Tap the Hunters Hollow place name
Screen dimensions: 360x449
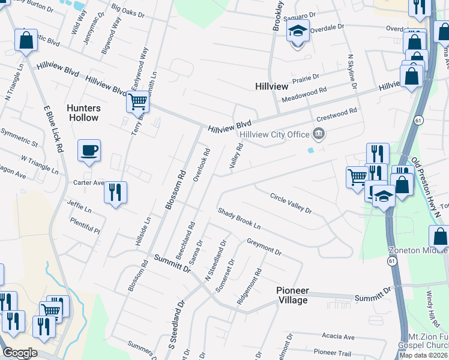coord(83,113)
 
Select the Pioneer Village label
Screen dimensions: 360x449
coord(292,295)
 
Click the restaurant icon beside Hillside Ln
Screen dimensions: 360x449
coord(115,193)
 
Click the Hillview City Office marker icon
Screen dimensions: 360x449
coord(319,134)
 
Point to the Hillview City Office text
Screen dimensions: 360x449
coord(274,134)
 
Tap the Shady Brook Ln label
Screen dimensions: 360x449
coord(239,220)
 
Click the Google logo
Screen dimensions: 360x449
coord(19,353)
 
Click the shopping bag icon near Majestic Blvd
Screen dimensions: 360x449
coord(26,41)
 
